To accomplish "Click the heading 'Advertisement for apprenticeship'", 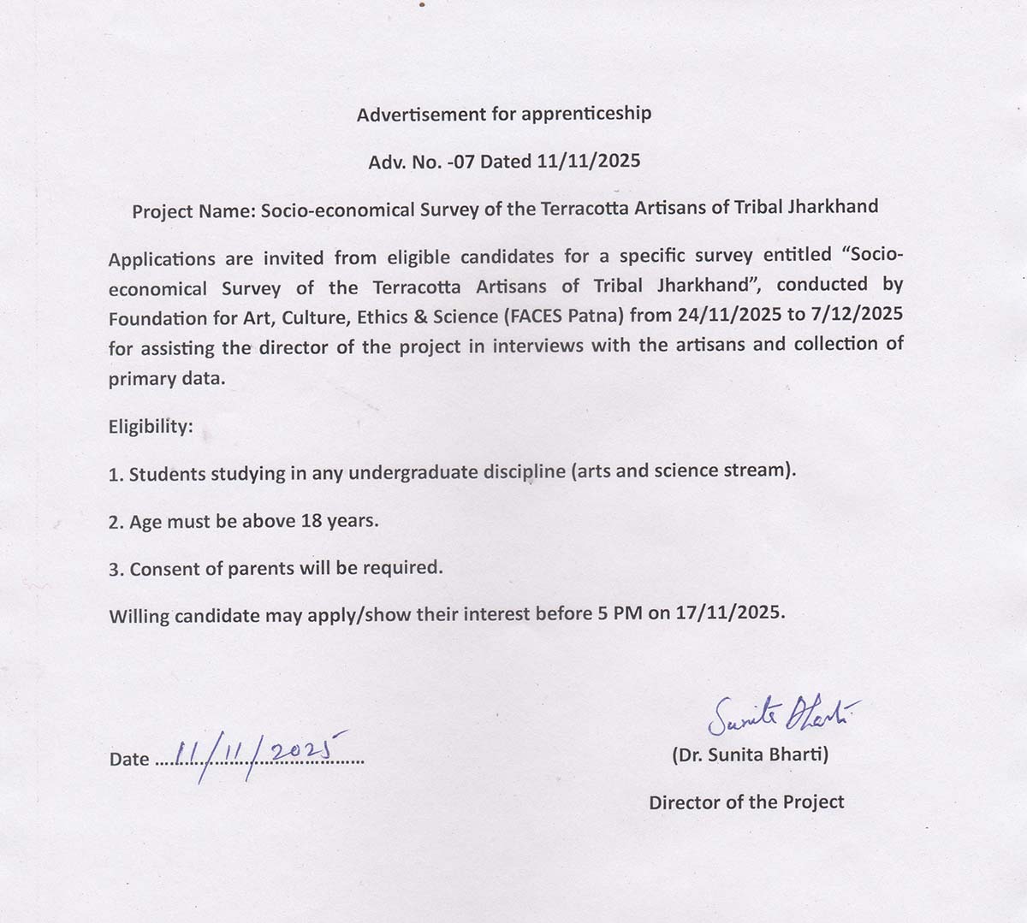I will pyautogui.click(x=504, y=114).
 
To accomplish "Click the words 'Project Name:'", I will pyautogui.click(x=193, y=210).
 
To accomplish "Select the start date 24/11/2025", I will pyautogui.click(x=729, y=314).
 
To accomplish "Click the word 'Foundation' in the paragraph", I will pyautogui.click(x=157, y=318).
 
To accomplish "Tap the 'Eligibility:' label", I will pyautogui.click(x=151, y=426).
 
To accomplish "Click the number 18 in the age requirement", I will pyautogui.click(x=312, y=520).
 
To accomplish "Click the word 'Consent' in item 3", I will pyautogui.click(x=165, y=568).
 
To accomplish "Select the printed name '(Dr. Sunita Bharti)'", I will pyautogui.click(x=750, y=754).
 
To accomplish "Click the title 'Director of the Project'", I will pyautogui.click(x=746, y=802).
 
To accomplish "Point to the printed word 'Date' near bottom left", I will pyautogui.click(x=128, y=759).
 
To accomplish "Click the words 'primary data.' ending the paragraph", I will pyautogui.click(x=167, y=379).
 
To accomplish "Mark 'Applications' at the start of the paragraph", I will pyautogui.click(x=162, y=259).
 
